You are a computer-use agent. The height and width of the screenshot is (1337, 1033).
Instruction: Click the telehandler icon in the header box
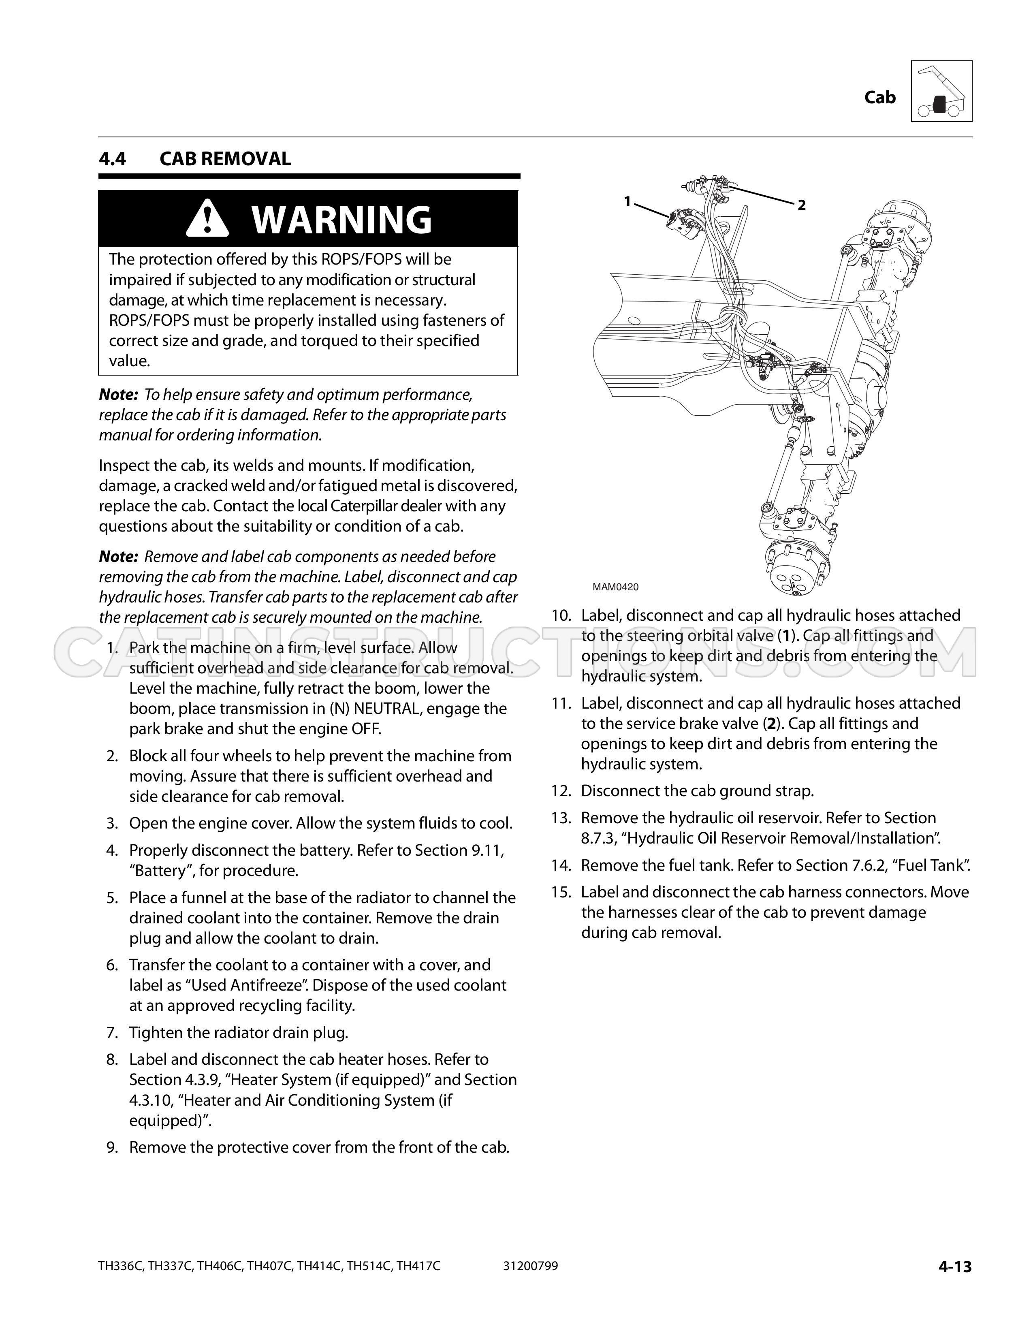tap(941, 91)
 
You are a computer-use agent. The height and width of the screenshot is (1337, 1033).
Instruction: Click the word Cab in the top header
tap(879, 97)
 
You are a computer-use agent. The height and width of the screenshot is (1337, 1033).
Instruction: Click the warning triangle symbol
tap(207, 219)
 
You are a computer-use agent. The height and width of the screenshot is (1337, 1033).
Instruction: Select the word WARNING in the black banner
tap(341, 219)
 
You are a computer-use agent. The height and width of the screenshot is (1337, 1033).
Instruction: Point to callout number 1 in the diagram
tap(627, 201)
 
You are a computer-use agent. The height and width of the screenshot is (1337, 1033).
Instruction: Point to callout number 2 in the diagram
tap(802, 205)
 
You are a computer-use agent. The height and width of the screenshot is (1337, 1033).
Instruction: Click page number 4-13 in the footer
tap(955, 1267)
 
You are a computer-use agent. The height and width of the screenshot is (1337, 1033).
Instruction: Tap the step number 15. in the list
tap(561, 892)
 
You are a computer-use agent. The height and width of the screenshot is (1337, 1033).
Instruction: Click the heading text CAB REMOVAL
tap(225, 159)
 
